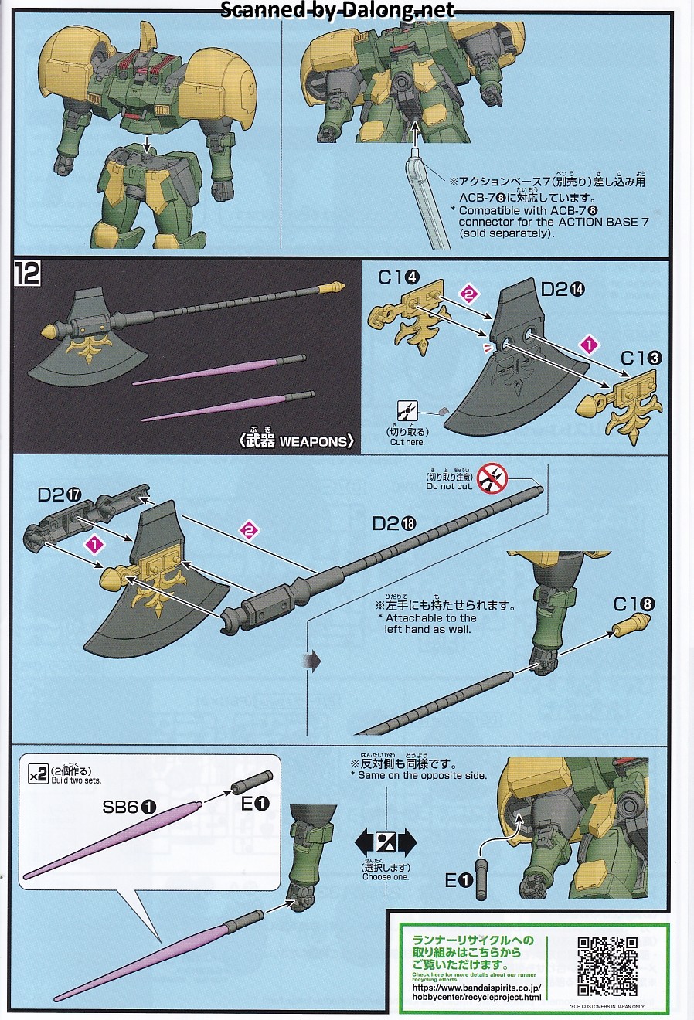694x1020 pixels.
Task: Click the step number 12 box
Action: tap(28, 274)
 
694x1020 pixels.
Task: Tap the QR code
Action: tap(607, 965)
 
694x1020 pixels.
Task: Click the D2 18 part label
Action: tap(394, 523)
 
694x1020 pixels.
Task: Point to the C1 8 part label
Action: tap(634, 604)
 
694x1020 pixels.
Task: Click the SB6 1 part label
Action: tap(129, 806)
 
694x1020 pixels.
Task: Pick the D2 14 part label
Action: tap(563, 289)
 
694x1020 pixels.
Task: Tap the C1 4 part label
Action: tap(399, 277)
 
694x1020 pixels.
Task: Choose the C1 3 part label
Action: tap(641, 358)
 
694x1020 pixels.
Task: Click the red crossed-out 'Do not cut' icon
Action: tap(492, 479)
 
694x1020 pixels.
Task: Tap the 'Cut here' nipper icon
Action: tap(407, 411)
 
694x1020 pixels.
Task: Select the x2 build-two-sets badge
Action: tap(38, 773)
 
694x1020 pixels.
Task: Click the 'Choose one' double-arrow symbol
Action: tap(386, 842)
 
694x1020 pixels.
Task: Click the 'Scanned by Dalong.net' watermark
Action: tap(338, 10)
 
